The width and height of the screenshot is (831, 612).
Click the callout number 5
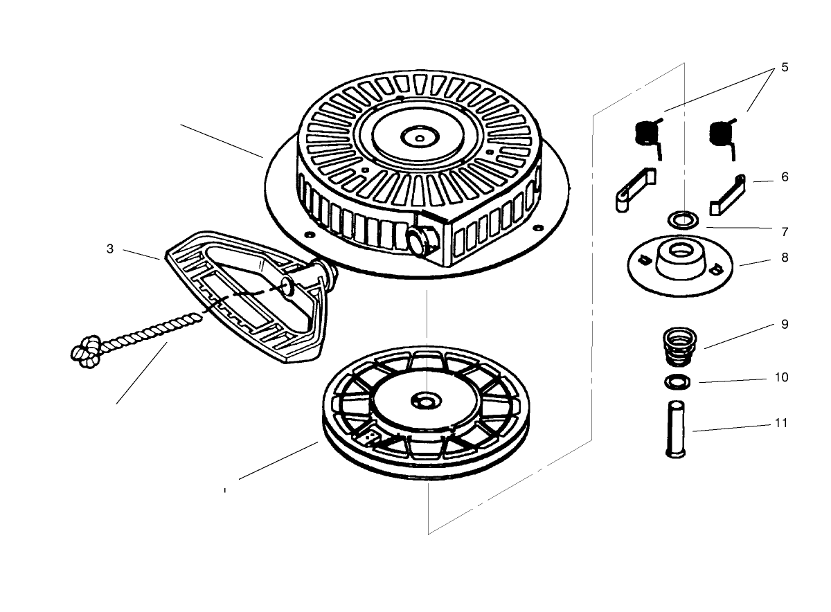coord(785,67)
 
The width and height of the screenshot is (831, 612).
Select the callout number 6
coord(785,177)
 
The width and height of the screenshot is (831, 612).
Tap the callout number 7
coord(785,231)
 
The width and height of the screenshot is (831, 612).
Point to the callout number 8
coord(785,258)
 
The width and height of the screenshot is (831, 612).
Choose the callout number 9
coord(785,324)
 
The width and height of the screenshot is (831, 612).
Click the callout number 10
coord(782,378)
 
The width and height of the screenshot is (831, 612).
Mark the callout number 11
coord(782,423)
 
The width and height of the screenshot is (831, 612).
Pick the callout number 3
coord(110,249)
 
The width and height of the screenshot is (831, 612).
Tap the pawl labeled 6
coord(728,195)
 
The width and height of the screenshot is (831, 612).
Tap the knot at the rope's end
coord(84,350)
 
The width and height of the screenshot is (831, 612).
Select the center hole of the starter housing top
coord(420,137)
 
